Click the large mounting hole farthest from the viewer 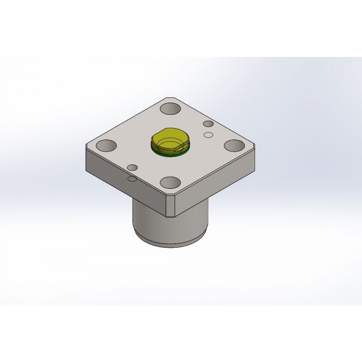tap(170, 109)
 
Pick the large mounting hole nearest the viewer tap(171, 183)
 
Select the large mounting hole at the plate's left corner tap(106, 146)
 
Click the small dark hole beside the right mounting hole tap(208, 124)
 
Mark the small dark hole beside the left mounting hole tap(132, 168)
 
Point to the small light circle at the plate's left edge tap(132, 178)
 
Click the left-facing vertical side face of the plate tap(124, 184)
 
